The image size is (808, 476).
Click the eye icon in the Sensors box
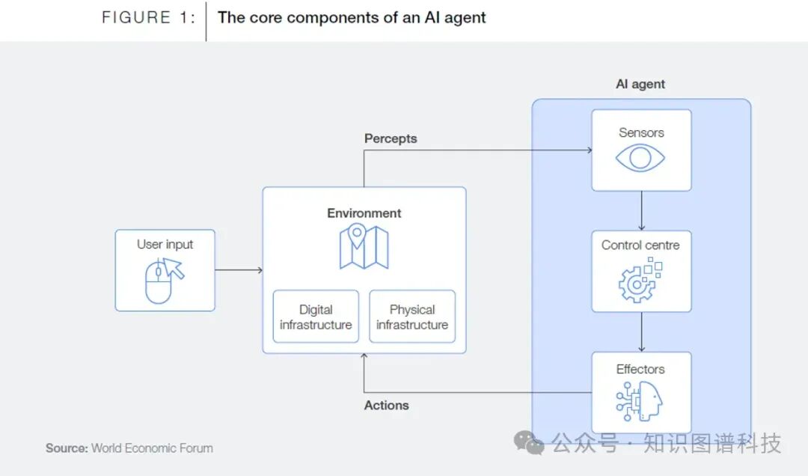pos(641,158)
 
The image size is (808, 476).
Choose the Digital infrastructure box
pos(316,317)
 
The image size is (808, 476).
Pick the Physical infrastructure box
pos(412,317)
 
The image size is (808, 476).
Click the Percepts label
pos(391,138)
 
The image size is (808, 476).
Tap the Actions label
pos(387,405)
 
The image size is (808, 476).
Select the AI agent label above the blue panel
pos(640,84)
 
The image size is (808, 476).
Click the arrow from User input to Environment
pos(239,270)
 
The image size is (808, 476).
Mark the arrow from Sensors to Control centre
pos(641,211)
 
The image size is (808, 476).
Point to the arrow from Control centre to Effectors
pos(641,332)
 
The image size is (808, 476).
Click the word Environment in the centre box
pos(364,213)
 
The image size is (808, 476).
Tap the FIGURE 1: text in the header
pos(149,18)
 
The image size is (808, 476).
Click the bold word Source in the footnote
pos(67,448)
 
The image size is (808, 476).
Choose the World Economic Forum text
pos(152,448)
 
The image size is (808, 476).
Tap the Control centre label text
pos(640,245)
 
